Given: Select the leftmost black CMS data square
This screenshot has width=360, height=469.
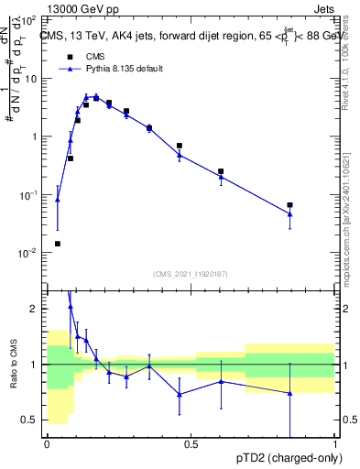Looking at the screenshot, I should click(58, 244).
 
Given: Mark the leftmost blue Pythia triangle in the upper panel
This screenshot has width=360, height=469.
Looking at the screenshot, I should click(58, 199).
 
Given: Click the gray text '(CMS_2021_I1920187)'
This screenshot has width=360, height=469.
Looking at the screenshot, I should click(191, 273).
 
